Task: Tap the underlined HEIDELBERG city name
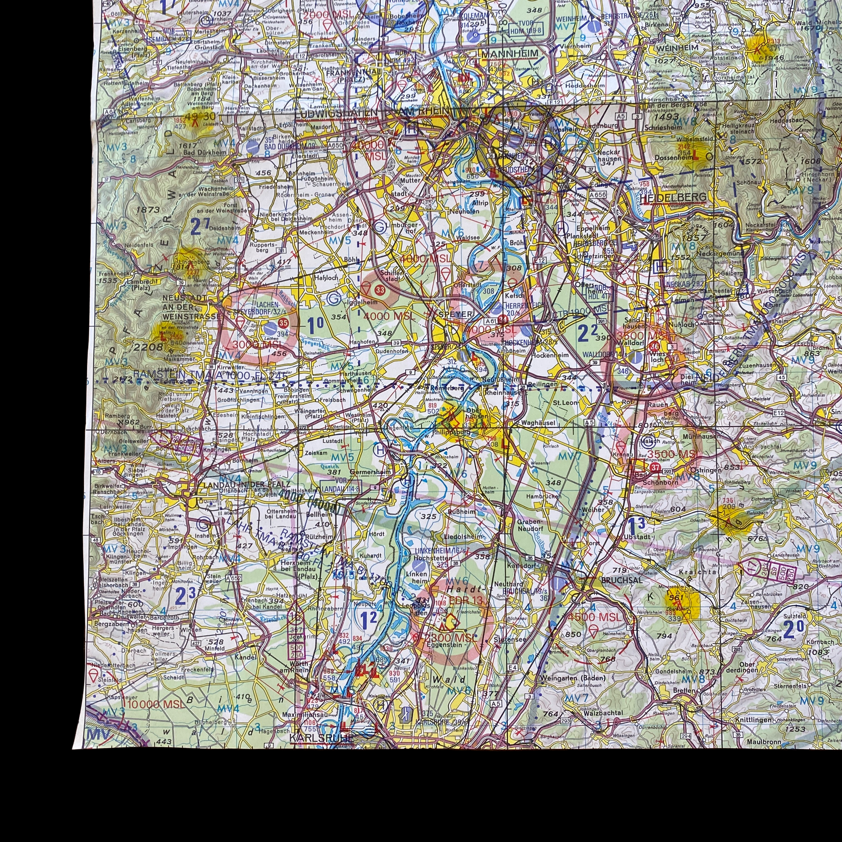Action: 673,197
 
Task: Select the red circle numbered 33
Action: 381,290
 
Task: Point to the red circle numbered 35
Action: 283,323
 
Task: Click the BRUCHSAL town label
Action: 615,581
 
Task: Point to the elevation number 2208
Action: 147,347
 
